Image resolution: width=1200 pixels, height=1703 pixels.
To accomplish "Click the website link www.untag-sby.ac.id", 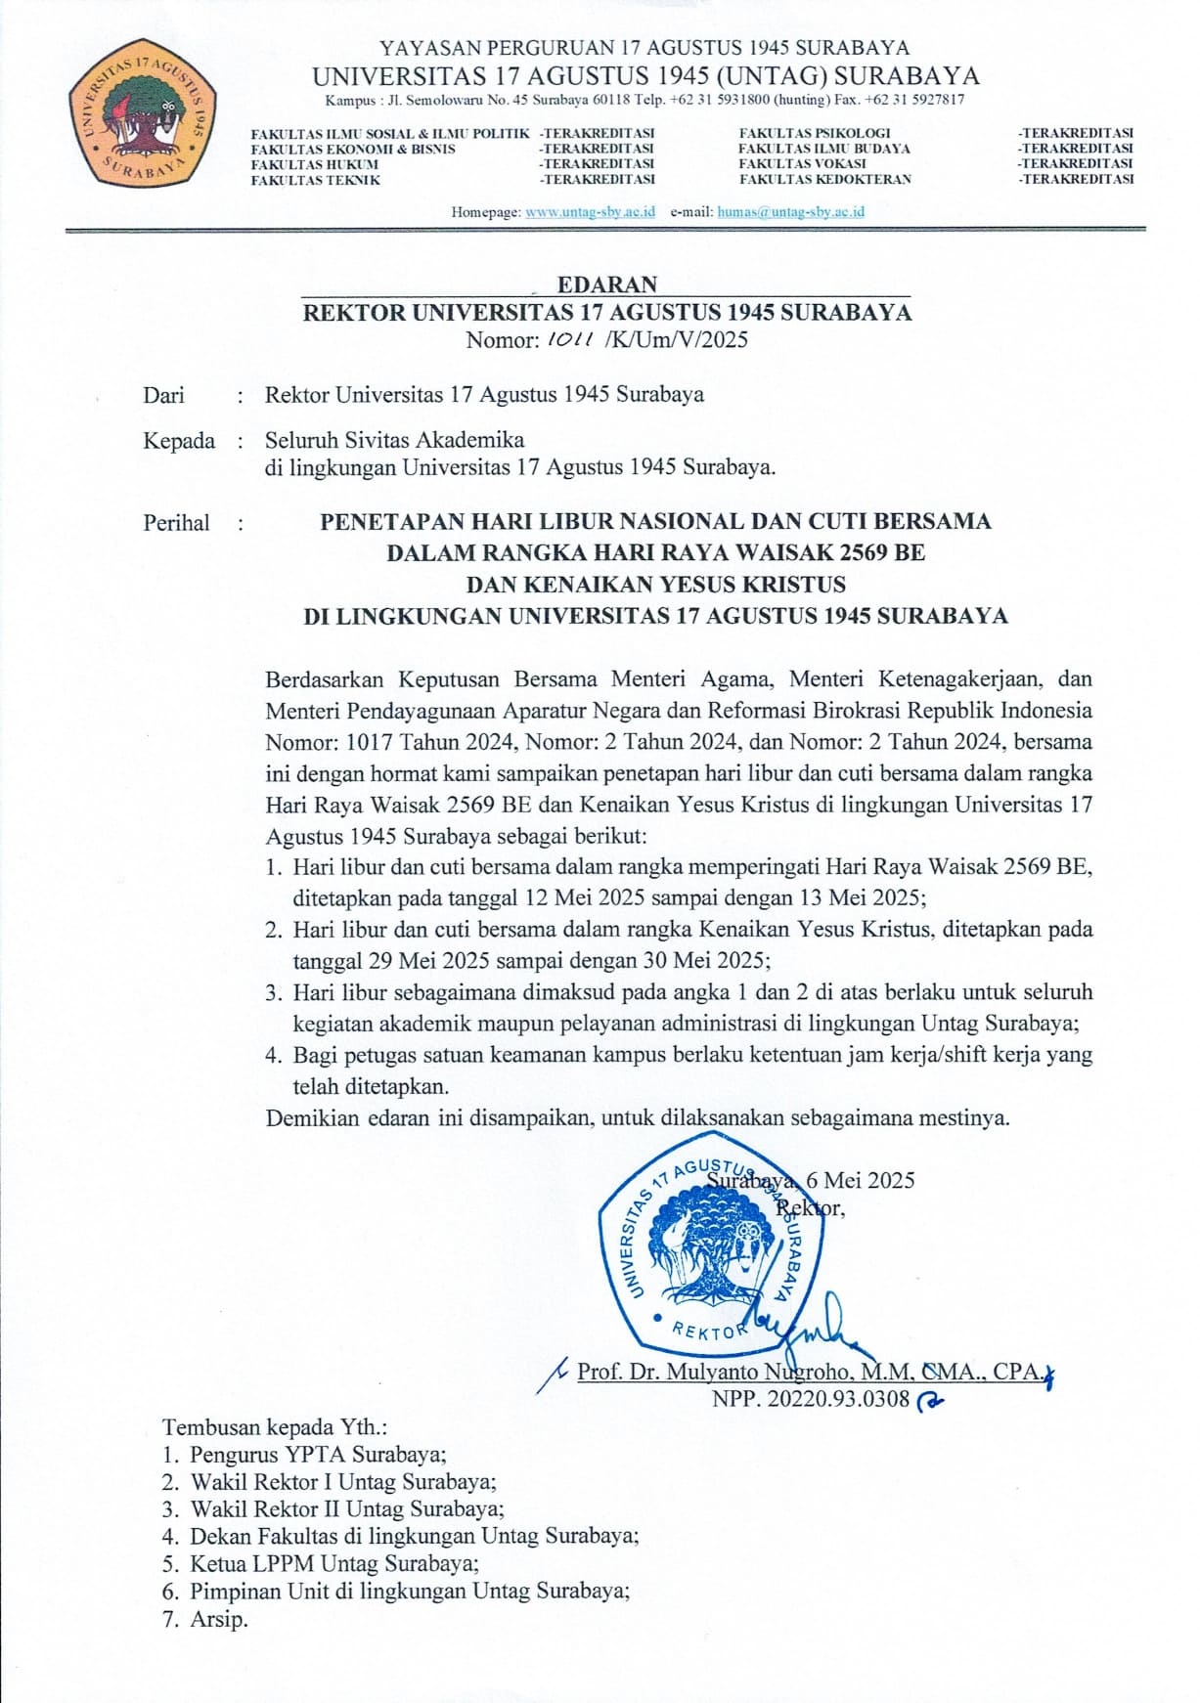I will [x=590, y=212].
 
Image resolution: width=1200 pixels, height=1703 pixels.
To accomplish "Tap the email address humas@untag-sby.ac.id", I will [x=790, y=212].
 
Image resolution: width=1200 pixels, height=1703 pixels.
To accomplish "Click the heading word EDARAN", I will [x=607, y=284].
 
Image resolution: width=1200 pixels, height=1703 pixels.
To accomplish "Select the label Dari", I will [x=163, y=395].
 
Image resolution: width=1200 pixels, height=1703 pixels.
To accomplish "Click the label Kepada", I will [x=179, y=441].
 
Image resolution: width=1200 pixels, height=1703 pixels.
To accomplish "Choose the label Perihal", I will [x=176, y=523].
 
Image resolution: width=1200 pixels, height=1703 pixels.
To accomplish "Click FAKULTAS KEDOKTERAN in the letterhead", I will [x=824, y=180].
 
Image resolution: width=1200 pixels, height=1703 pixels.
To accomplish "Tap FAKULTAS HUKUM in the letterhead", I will [x=314, y=165].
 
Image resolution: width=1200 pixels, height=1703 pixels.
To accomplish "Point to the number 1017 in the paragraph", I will [x=369, y=742].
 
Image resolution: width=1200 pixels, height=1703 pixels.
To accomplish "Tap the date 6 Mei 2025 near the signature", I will [x=860, y=1180].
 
